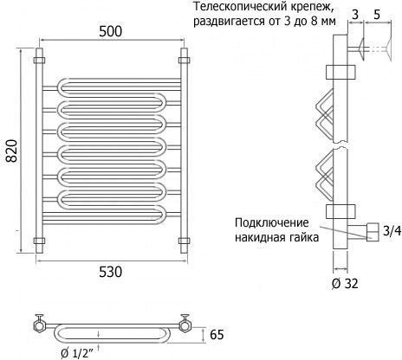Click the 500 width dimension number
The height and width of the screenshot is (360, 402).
click(111, 31)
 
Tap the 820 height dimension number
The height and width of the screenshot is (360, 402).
click(12, 151)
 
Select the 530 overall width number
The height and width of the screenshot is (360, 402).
click(111, 272)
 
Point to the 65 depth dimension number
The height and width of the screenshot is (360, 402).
click(217, 335)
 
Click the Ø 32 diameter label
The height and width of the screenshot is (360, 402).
click(345, 284)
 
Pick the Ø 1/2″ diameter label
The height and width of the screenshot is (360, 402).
click(77, 353)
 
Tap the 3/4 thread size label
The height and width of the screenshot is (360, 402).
click(392, 231)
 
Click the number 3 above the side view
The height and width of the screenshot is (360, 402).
click(355, 15)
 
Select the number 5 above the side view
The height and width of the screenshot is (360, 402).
click(377, 15)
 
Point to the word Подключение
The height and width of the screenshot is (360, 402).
click(272, 223)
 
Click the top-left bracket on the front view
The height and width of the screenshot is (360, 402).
click(39, 61)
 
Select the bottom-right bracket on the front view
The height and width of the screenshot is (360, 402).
click(184, 241)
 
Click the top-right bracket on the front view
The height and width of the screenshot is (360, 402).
click(184, 61)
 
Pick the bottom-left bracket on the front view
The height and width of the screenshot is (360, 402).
click(39, 241)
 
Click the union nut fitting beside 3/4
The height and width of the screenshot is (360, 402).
click(373, 232)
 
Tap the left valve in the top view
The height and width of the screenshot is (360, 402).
click(39, 323)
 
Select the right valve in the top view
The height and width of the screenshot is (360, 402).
click(184, 323)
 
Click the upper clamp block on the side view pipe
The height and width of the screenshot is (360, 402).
click(340, 72)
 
